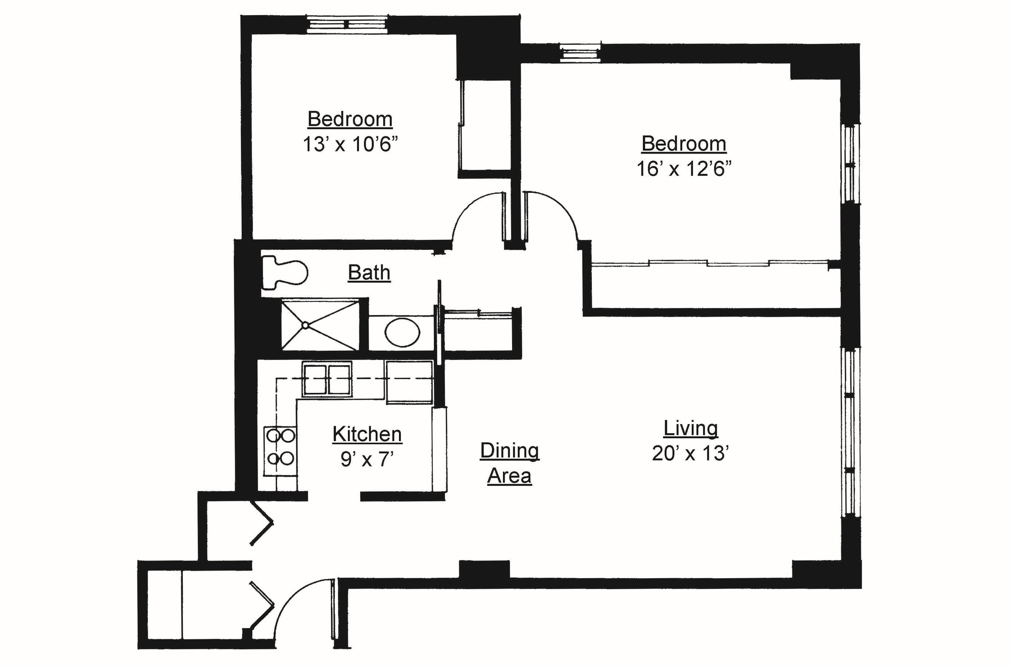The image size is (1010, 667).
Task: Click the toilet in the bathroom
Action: (285, 273)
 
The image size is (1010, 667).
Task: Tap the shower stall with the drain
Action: (320, 325)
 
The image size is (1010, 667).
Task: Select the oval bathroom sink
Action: (402, 332)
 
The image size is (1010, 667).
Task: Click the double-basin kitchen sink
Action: (327, 379)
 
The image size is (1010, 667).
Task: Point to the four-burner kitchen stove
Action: (280, 447)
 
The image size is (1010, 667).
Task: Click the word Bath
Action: (369, 273)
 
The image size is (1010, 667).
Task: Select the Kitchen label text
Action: (367, 434)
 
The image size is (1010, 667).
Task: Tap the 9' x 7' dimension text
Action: (367, 459)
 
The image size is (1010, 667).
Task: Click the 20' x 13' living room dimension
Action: (690, 453)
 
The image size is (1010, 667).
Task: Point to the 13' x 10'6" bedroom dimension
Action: (350, 144)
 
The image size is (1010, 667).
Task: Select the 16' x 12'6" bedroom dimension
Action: (684, 169)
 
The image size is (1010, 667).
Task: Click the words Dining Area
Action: (510, 463)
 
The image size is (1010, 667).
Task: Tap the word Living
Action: (690, 428)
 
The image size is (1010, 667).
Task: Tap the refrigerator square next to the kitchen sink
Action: (410, 382)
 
